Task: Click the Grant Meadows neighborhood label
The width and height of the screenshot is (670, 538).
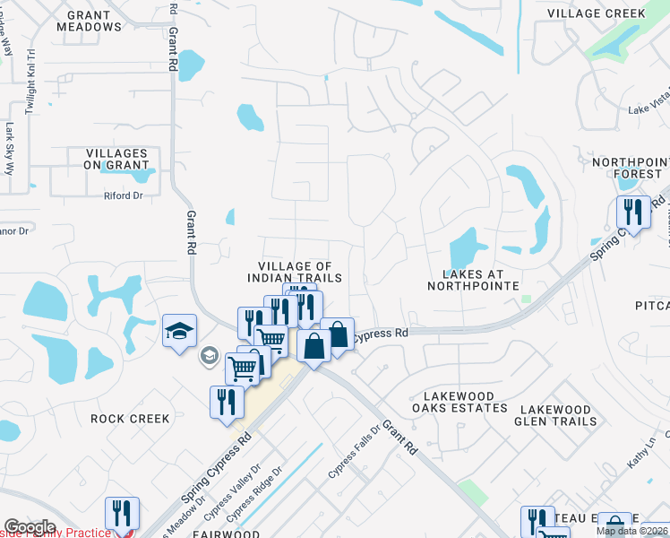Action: point(89,21)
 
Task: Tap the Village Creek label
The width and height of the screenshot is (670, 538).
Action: point(596,13)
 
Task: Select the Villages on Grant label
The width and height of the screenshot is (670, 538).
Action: point(116,159)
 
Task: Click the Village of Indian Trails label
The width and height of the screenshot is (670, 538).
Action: point(295,272)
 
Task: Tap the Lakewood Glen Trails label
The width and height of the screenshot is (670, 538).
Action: point(555,414)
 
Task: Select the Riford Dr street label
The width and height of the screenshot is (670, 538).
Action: point(123,195)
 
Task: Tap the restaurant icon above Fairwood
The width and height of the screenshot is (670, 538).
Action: point(122,513)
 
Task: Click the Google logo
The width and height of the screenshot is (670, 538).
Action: point(30,526)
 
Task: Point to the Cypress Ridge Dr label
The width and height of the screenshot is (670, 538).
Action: point(256,495)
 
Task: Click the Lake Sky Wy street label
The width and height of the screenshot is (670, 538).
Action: point(10,147)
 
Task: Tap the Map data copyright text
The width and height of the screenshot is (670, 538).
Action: point(632,531)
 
